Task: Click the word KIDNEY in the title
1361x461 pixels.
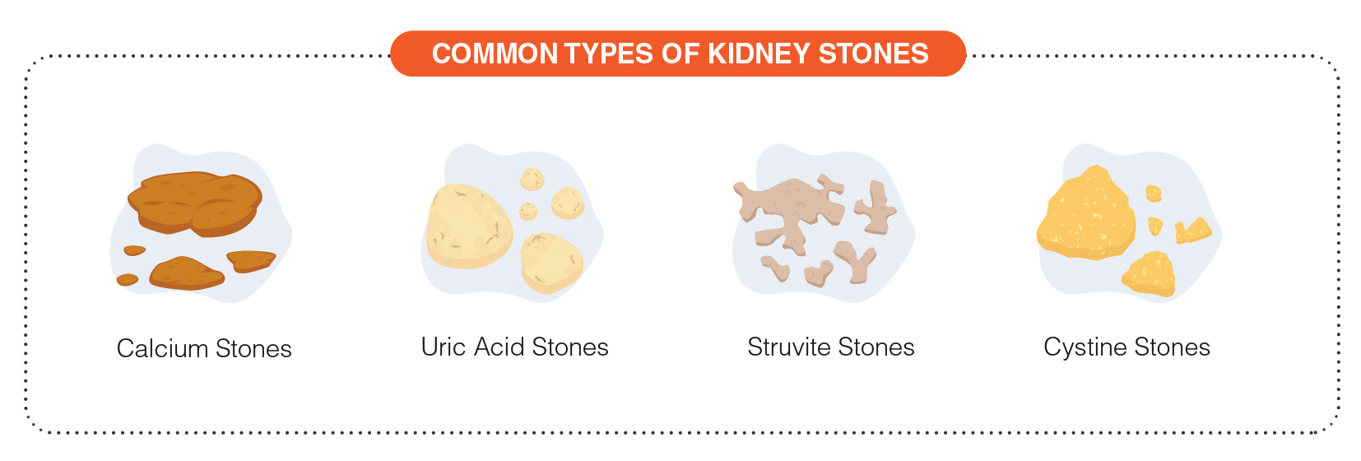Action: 759,54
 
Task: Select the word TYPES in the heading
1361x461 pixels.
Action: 609,54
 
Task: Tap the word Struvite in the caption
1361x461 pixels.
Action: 788,347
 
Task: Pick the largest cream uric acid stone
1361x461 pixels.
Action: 468,225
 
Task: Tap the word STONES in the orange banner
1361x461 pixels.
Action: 873,54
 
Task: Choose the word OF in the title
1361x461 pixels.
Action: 680,54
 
